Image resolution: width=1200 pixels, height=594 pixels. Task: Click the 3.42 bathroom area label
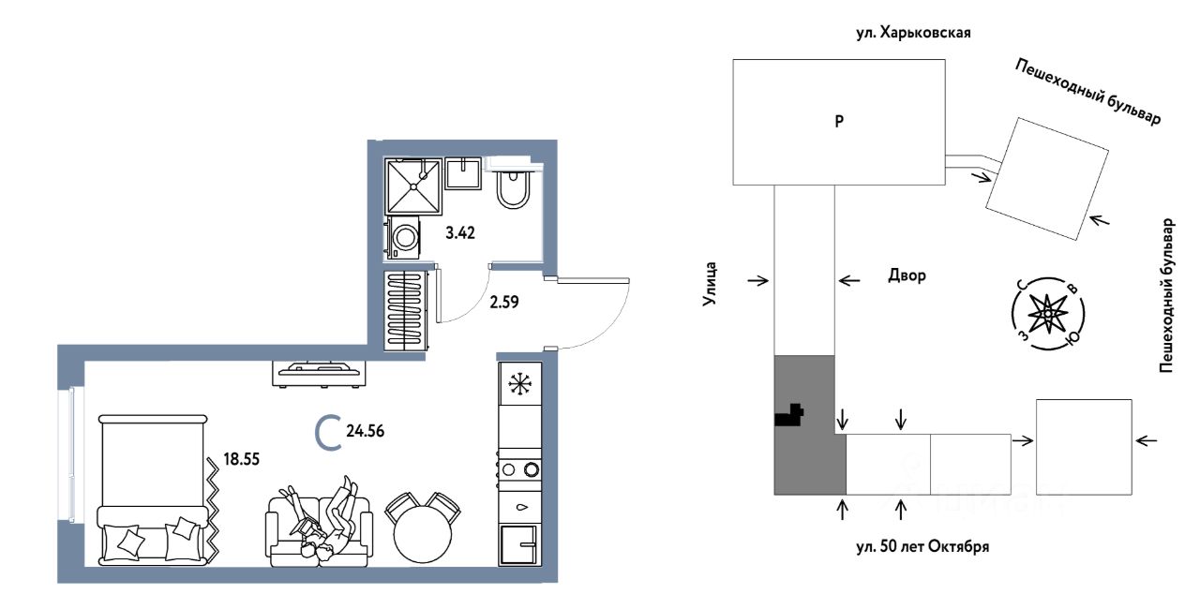[460, 232]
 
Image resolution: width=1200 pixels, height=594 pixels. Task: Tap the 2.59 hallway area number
[504, 303]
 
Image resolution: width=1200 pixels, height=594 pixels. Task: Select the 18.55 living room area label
[241, 459]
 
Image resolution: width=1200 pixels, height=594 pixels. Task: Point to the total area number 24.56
[366, 431]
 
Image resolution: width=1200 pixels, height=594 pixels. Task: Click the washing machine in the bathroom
[403, 238]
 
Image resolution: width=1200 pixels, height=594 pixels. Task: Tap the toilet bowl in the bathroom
[513, 188]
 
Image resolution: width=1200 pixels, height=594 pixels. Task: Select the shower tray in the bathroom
[413, 186]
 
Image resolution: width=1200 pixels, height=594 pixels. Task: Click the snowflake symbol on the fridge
[519, 384]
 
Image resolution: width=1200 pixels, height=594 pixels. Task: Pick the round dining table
[422, 533]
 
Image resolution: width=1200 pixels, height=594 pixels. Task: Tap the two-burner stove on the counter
[519, 469]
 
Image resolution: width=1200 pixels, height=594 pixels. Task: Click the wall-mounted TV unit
[320, 374]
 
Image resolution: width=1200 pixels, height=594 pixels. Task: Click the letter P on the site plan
[839, 122]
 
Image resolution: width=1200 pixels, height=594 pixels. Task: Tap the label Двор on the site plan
[907, 275]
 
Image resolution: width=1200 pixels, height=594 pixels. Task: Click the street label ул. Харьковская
[913, 33]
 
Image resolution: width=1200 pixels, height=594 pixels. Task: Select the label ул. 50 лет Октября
[922, 547]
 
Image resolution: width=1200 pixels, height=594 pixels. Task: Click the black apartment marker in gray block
[789, 415]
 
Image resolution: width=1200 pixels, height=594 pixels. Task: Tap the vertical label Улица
[710, 284]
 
